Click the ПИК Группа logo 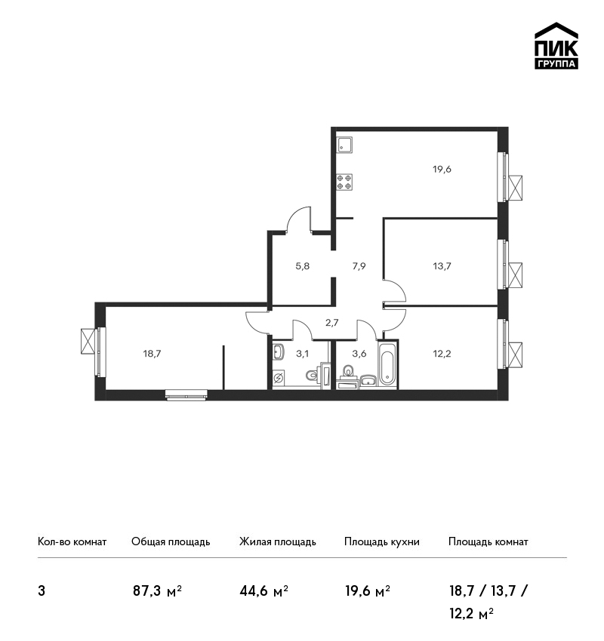click(556, 46)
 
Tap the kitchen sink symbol click(344, 145)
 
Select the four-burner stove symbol click(344, 182)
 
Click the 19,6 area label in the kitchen click(442, 169)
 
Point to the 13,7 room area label click(442, 266)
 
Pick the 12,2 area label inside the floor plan click(442, 354)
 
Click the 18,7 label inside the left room click(152, 354)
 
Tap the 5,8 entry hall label click(303, 266)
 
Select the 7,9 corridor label click(359, 266)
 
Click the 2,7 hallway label click(332, 323)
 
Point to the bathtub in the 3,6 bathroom click(387, 363)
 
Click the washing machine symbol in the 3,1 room click(279, 378)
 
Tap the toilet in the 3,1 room click(313, 375)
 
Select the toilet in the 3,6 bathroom click(349, 371)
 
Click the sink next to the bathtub click(369, 380)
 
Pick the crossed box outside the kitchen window click(515, 188)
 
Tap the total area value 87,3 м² click(157, 591)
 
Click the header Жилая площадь click(277, 542)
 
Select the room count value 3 click(42, 591)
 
